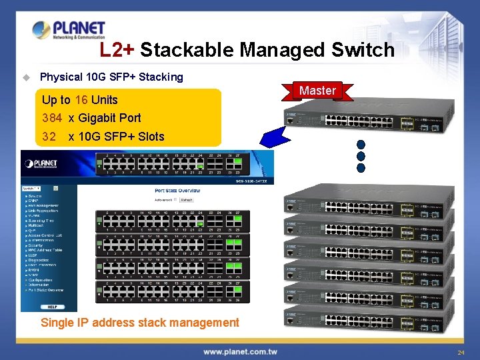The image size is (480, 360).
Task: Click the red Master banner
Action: click(317, 91)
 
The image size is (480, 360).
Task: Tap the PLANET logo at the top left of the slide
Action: click(69, 30)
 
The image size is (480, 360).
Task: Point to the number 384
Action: click(52, 118)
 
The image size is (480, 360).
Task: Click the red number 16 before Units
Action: click(81, 100)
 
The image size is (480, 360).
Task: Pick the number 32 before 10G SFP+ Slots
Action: click(49, 137)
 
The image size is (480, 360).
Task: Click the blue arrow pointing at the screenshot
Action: click(276, 136)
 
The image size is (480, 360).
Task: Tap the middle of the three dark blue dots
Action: click(361, 156)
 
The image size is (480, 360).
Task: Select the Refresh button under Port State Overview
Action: click(186, 199)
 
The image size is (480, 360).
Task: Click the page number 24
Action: click(461, 351)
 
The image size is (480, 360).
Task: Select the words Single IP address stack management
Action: click(140, 323)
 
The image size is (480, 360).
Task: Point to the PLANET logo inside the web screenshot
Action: click(41, 163)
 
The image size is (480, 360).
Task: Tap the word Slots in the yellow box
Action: click(150, 137)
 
